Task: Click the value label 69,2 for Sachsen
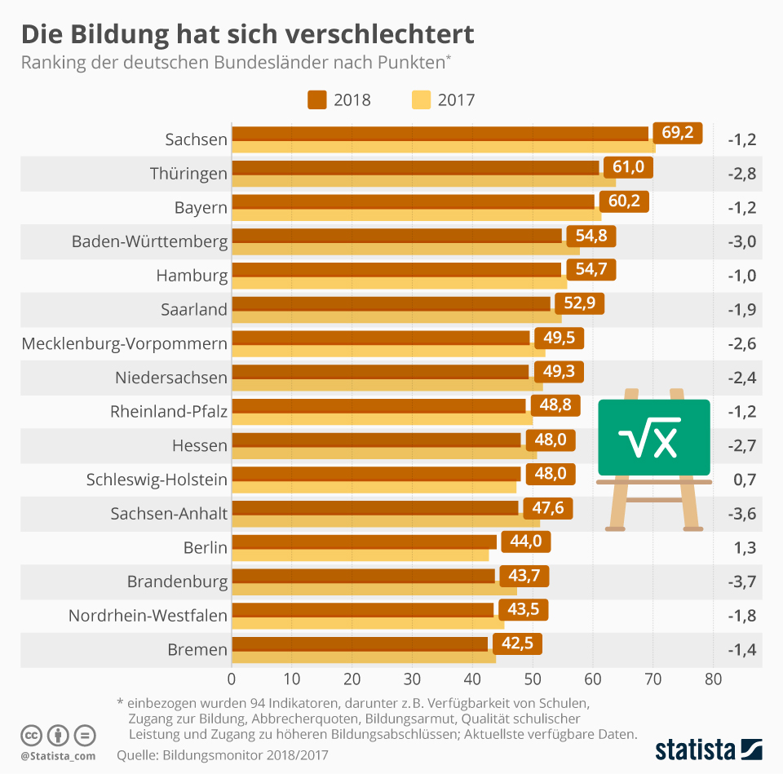[x=677, y=133]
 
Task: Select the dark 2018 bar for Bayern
[x=414, y=201]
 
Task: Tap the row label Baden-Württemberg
[x=149, y=241]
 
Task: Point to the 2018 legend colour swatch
[x=317, y=100]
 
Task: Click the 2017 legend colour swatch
[x=421, y=100]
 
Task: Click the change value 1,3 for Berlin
[x=741, y=547]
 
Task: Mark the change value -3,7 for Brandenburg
[x=741, y=582]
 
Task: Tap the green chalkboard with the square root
[x=653, y=438]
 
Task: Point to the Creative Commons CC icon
[x=31, y=735]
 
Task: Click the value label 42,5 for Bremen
[x=517, y=644]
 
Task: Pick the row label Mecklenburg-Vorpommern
[x=124, y=343]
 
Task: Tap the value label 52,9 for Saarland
[x=579, y=303]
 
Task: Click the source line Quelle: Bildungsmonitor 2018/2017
[x=222, y=755]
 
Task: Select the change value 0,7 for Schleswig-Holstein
[x=741, y=480]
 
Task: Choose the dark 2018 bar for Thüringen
[x=415, y=167]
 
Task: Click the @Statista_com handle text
[x=57, y=756]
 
